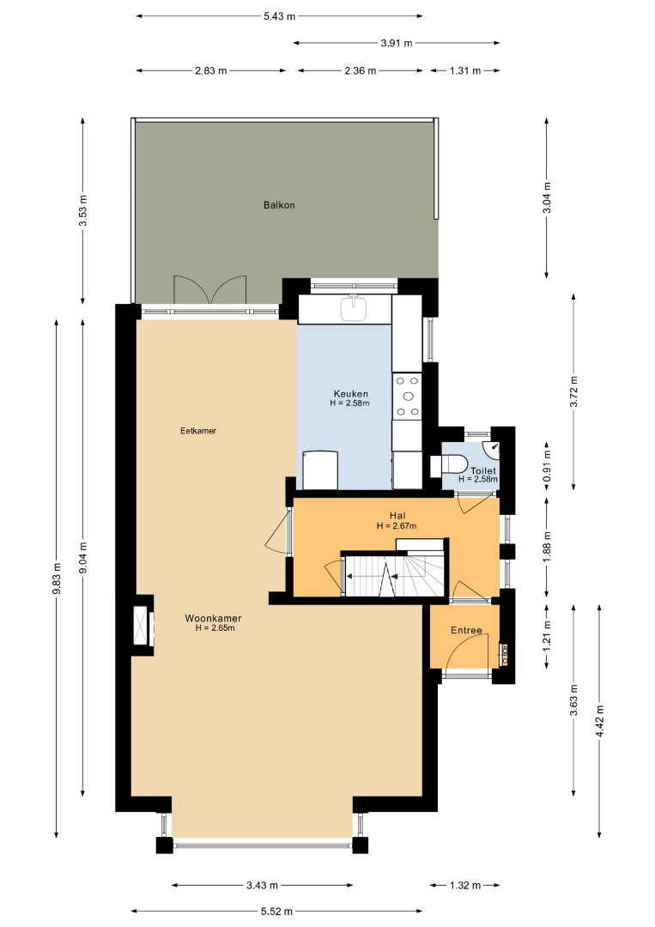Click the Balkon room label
click(279, 205)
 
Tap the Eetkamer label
click(198, 431)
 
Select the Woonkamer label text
click(213, 618)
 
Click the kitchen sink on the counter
click(354, 308)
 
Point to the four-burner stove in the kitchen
click(407, 396)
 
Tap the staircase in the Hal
click(394, 573)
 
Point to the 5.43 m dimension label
click(279, 16)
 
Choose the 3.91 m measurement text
click(397, 43)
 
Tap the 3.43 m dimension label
click(262, 886)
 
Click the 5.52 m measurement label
click(276, 912)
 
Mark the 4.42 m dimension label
click(599, 721)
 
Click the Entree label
click(466, 630)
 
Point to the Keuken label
click(350, 394)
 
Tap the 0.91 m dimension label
click(547, 465)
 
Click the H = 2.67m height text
click(397, 525)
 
